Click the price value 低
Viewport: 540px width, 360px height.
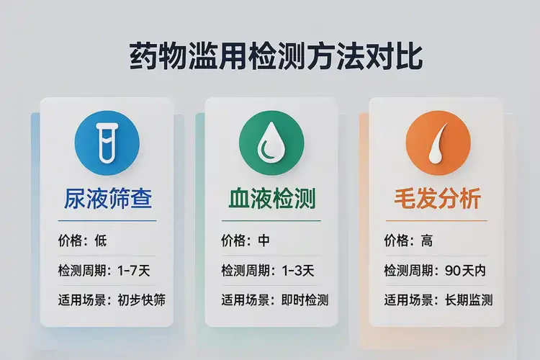(100, 240)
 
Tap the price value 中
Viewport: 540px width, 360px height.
(264, 240)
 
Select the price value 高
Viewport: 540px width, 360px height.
(428, 240)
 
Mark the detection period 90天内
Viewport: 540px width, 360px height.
(465, 271)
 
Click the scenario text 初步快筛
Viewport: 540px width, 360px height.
(141, 300)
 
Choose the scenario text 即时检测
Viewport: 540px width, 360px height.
(305, 300)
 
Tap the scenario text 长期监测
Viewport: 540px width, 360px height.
(468, 300)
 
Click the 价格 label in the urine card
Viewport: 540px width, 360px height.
(71, 240)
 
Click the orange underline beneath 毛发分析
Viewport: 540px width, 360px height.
(436, 220)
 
